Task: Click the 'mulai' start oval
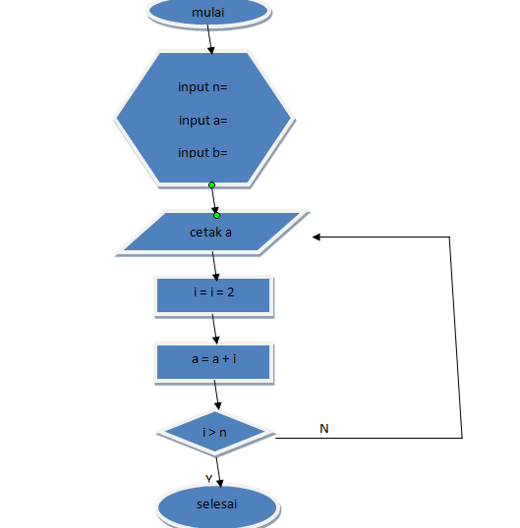(x=208, y=11)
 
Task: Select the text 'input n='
(x=202, y=87)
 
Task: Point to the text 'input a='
(x=203, y=121)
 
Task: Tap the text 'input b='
(x=202, y=153)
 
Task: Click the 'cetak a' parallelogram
(x=211, y=234)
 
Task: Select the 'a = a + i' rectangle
(x=213, y=360)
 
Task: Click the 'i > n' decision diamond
(x=216, y=433)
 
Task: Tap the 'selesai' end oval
(x=217, y=504)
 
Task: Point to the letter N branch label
(x=324, y=429)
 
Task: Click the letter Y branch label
(x=208, y=478)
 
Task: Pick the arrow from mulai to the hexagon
(x=209, y=39)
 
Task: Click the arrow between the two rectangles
(x=214, y=329)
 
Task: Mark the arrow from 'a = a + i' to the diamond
(x=216, y=396)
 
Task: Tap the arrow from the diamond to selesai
(x=219, y=469)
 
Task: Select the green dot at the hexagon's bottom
(x=211, y=185)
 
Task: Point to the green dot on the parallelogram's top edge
(x=217, y=215)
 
